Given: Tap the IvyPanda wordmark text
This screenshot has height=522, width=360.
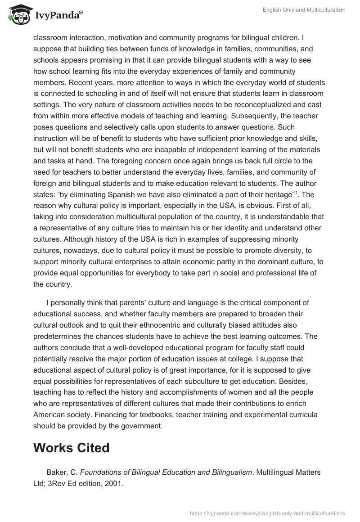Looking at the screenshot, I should (x=58, y=17).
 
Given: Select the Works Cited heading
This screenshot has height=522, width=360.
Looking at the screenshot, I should (x=71, y=448).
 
